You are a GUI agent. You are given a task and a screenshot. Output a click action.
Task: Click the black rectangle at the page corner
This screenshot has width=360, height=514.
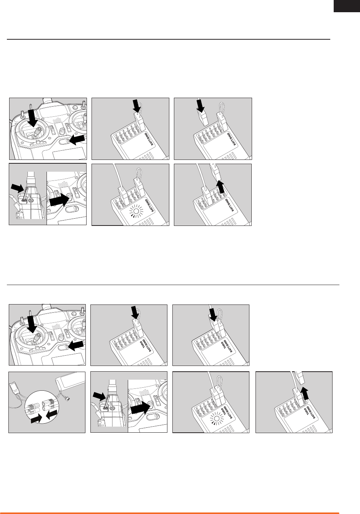(x=347, y=6)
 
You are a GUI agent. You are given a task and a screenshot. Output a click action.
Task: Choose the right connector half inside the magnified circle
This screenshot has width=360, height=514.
(x=48, y=406)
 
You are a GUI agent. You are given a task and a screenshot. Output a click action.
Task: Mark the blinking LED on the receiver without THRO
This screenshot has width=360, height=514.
(x=136, y=211)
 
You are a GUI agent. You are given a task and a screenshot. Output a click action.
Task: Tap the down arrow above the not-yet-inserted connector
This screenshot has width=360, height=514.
(x=201, y=106)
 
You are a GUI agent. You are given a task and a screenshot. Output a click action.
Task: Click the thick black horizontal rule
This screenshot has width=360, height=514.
(x=169, y=39)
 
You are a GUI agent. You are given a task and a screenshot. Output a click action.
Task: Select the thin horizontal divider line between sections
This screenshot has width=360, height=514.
(x=173, y=285)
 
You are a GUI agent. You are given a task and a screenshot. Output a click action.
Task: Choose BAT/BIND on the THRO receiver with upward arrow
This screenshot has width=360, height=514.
(x=312, y=412)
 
